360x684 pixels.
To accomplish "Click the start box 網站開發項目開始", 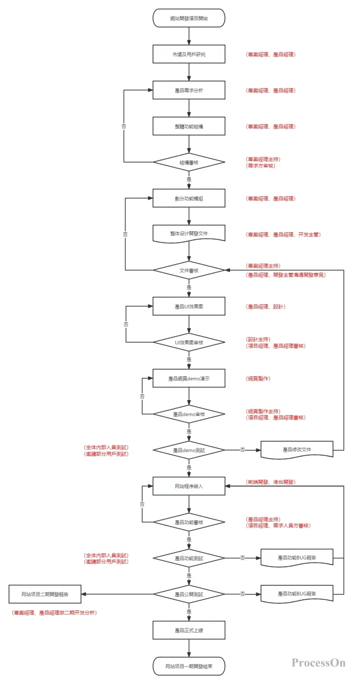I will pos(189,18).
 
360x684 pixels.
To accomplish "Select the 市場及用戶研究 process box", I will pos(189,55).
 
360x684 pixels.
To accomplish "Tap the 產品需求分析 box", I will pos(189,91).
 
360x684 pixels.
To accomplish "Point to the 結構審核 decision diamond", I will pos(189,162).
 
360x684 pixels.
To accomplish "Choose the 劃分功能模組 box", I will pos(189,199).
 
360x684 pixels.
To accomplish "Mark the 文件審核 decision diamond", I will pos(189,270).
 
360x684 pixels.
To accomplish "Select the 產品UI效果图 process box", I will pos(189,306).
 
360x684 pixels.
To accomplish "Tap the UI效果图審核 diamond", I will pos(189,342).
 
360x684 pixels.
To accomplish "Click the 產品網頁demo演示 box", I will pos(189,378).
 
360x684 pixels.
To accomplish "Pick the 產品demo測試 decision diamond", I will pos(189,450).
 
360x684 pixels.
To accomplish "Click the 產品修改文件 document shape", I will pos(297,449).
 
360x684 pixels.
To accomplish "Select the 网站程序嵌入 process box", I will pos(189,486).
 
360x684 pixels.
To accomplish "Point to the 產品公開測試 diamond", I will pos(189,594).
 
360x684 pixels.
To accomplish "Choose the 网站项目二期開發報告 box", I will pos(45,594).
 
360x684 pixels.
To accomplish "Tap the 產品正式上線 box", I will pos(189,630).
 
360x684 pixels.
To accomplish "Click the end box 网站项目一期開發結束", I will pos(189,666).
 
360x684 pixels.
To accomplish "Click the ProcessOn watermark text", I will pos(319,663).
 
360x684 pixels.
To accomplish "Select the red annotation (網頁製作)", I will pos(259,378).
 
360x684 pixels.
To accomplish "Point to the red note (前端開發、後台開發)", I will pos(271,482).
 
